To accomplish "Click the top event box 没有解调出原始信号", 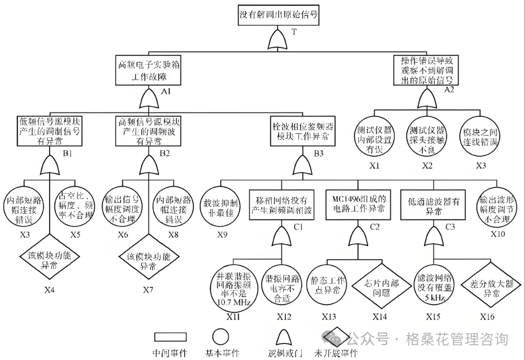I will coord(279,15).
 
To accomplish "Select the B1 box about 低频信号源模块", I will coord(50,131).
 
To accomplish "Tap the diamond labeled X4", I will coord(50,260).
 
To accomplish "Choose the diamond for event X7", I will coord(147,260).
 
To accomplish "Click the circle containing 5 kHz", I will coord(434,288).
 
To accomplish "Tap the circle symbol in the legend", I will coord(221,336).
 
